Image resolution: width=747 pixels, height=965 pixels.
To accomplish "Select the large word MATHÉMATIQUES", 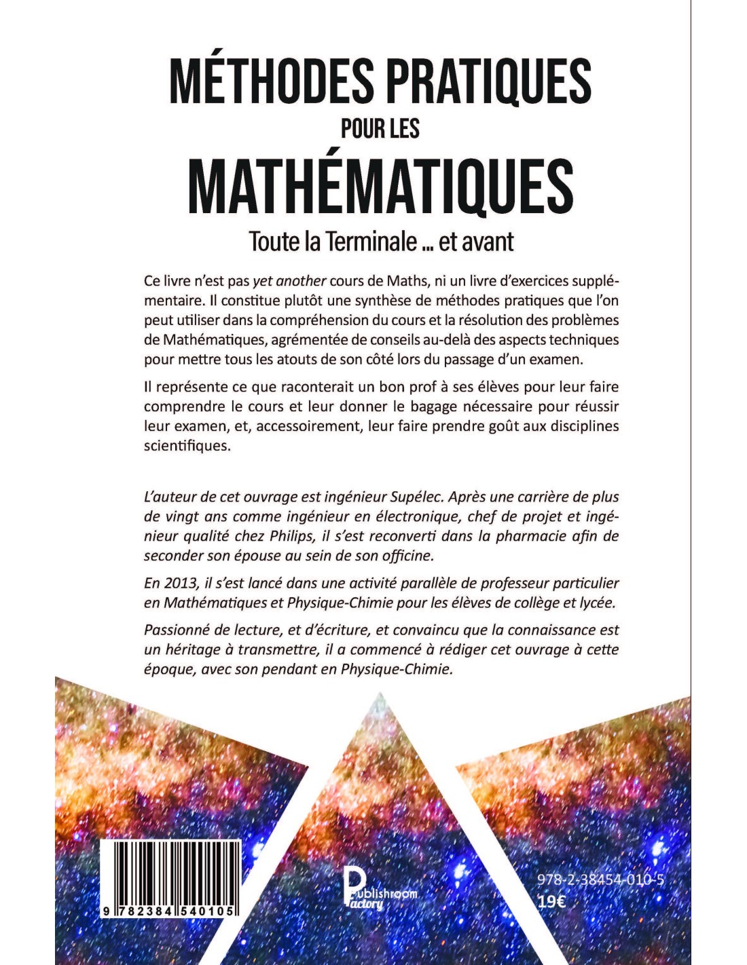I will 380,184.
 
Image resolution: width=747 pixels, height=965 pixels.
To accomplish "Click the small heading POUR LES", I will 380,128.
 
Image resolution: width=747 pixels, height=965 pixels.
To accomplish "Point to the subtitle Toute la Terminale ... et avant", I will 381,241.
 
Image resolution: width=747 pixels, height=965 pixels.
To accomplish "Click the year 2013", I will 178,583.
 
